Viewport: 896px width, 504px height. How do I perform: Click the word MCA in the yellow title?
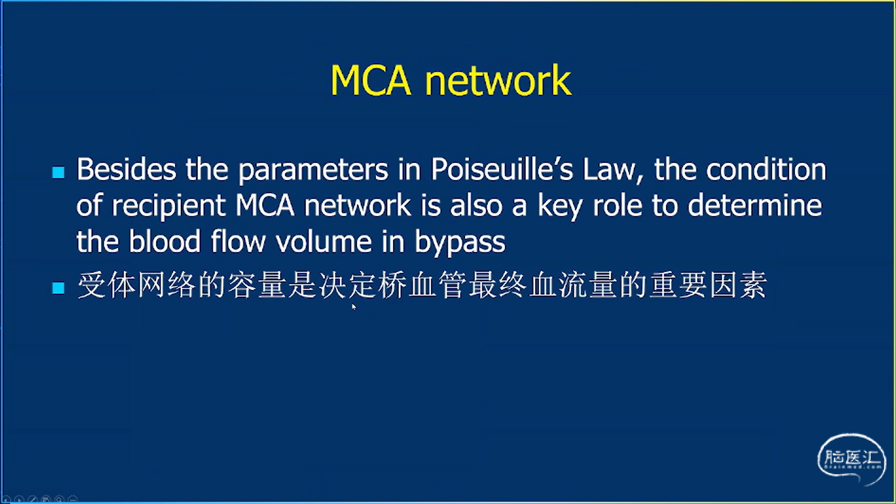371,80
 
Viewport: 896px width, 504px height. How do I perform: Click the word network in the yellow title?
498,80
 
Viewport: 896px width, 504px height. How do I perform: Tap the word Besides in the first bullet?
126,169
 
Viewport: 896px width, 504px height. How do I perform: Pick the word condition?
766,169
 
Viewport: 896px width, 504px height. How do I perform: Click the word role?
617,205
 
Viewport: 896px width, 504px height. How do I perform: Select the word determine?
754,205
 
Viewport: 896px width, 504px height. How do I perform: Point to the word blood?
164,241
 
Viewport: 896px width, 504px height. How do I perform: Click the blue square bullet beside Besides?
58,172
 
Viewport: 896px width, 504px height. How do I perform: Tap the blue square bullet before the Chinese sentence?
58,287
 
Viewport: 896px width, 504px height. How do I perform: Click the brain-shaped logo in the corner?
851,459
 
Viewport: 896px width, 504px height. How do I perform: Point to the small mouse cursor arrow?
354,306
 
